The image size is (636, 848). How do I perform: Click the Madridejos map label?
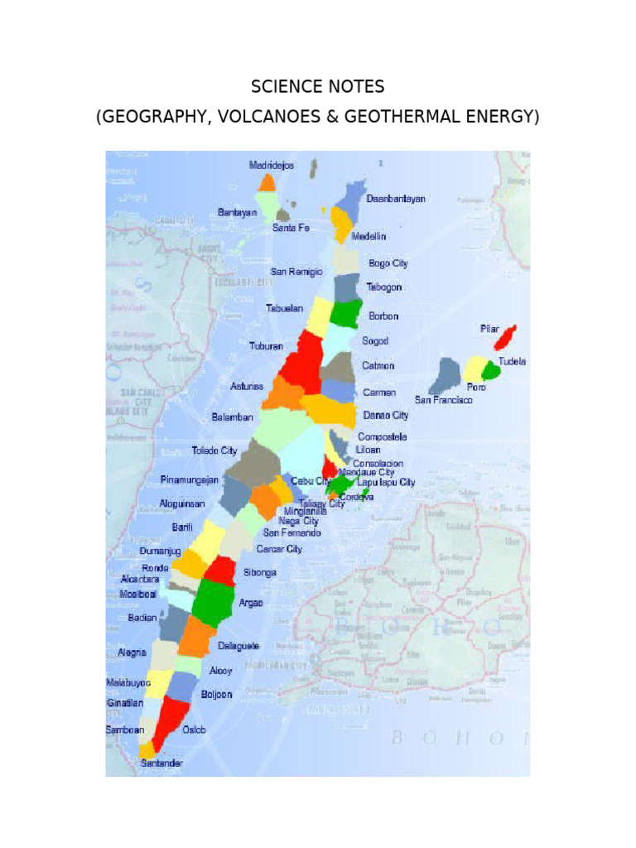[x=272, y=166]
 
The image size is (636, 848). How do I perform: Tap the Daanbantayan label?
[x=396, y=199]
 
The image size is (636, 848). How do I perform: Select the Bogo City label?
[x=388, y=263]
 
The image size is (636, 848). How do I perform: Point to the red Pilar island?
[x=504, y=337]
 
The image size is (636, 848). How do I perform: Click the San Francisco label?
[x=444, y=400]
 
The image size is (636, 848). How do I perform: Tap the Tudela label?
[x=512, y=362]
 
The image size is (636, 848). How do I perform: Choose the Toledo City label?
[x=214, y=450]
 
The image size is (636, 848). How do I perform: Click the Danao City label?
[x=386, y=415]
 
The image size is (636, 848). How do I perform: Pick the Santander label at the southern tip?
[x=161, y=763]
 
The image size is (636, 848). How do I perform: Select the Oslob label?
[x=194, y=730]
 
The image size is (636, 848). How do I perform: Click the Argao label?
[x=251, y=603]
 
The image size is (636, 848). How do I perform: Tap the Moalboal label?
[x=138, y=594]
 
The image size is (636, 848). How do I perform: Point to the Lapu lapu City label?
[x=386, y=482]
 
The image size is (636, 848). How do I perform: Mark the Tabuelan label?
[x=284, y=308]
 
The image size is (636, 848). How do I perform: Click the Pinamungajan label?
[x=190, y=479]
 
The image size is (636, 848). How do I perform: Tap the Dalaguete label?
[x=238, y=645]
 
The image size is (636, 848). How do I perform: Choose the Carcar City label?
[x=279, y=549]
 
